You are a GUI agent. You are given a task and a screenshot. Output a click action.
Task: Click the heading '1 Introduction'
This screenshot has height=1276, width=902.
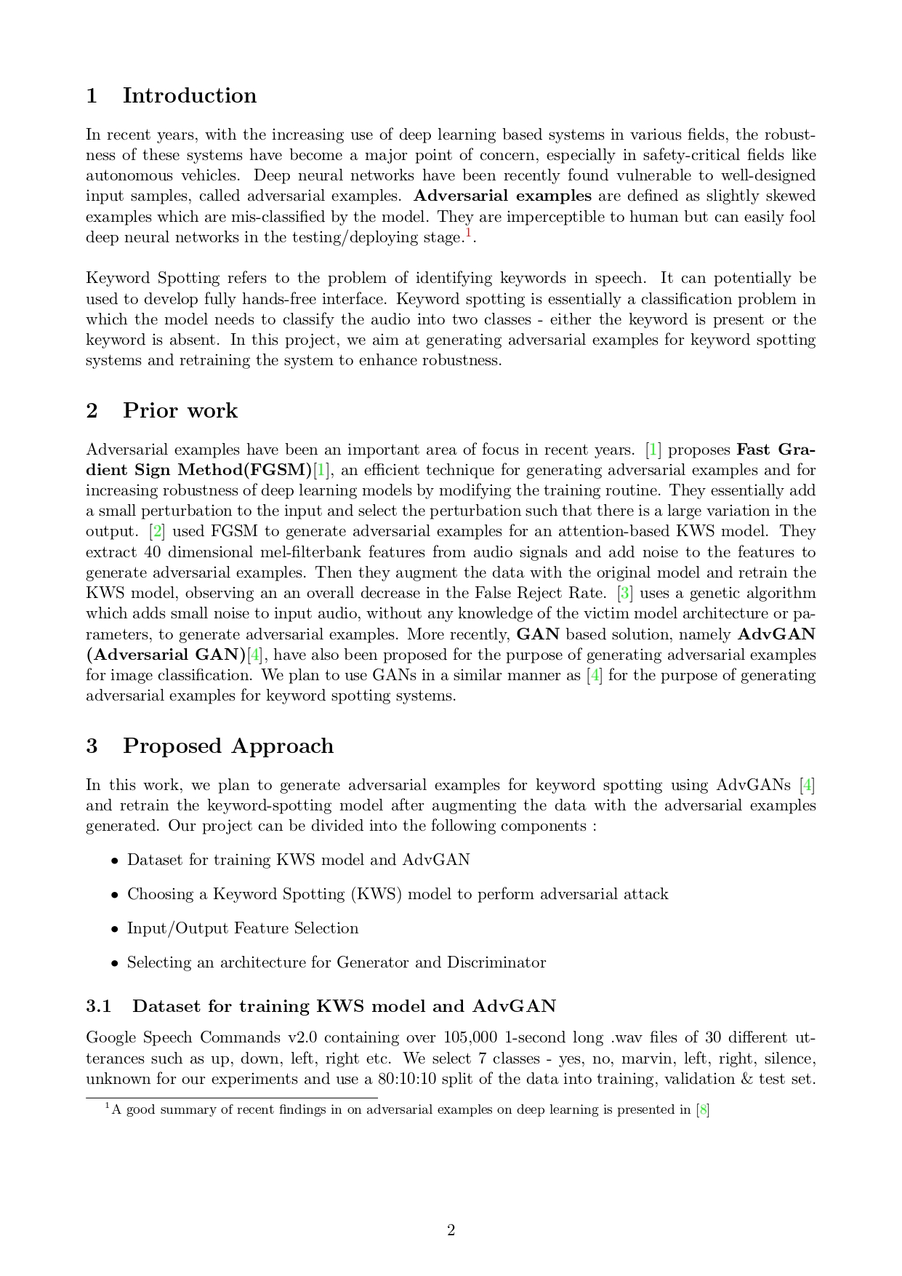click(x=171, y=96)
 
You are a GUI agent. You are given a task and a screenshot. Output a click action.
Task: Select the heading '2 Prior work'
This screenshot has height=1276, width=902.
click(x=161, y=411)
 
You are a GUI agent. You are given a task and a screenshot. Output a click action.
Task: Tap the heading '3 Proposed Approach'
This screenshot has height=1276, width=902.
click(x=209, y=746)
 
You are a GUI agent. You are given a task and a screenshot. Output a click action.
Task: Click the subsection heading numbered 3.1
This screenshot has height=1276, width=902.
click(x=321, y=1007)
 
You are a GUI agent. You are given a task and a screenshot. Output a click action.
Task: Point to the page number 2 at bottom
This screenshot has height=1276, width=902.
click(x=451, y=1230)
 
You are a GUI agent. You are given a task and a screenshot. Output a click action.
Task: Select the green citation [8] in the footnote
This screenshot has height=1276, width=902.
click(x=703, y=1110)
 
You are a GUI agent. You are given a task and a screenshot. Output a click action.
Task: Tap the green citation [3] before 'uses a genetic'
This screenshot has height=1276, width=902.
click(x=624, y=594)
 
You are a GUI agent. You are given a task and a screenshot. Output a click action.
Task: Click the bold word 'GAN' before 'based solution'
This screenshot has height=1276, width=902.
click(x=538, y=634)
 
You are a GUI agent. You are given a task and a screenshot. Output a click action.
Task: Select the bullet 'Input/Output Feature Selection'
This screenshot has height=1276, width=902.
click(x=243, y=929)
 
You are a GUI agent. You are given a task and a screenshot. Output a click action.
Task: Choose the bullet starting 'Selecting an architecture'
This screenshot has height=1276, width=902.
click(x=336, y=963)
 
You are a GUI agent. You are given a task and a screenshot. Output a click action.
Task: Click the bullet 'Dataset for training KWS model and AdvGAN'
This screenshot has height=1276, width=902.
click(x=298, y=861)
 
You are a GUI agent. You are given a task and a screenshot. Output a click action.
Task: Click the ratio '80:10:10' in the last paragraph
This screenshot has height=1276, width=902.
click(x=407, y=1079)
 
